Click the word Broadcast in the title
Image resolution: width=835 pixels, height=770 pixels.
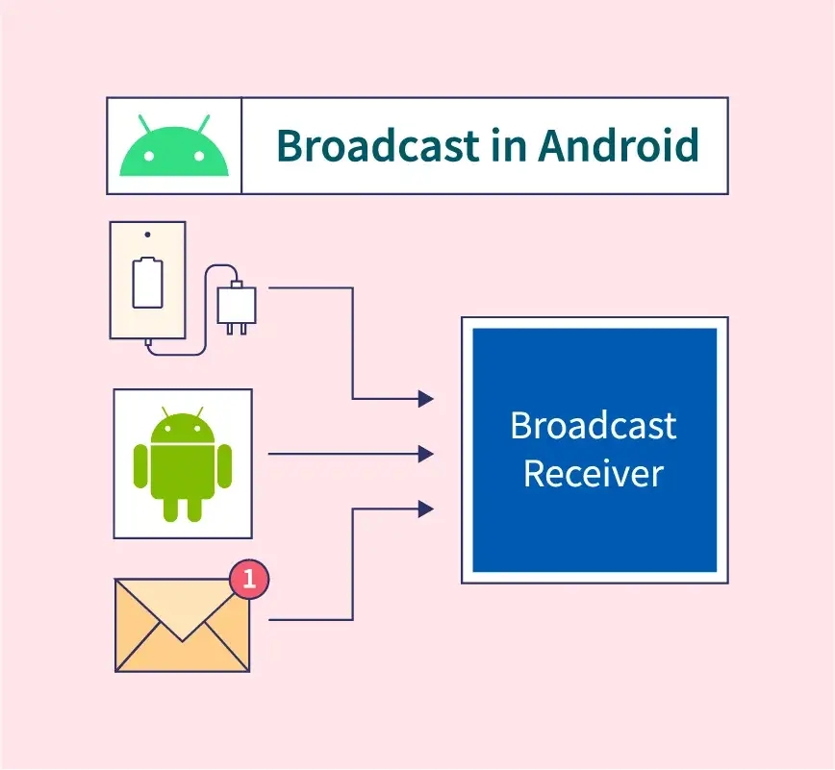point(377,146)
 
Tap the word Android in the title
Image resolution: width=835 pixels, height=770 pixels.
point(619,146)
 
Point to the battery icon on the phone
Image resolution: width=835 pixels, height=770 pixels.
point(147,282)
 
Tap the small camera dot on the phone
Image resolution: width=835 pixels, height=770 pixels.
point(147,235)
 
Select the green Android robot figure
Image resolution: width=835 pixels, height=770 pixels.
point(183,463)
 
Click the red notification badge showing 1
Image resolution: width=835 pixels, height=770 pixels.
point(249,580)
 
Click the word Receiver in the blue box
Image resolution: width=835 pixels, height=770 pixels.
point(594,473)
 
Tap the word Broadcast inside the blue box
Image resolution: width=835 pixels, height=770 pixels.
point(594,425)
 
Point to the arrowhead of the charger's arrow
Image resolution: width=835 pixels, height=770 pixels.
point(426,398)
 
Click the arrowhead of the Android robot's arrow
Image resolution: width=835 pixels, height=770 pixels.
point(426,454)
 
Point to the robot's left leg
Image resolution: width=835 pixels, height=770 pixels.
point(170,506)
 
